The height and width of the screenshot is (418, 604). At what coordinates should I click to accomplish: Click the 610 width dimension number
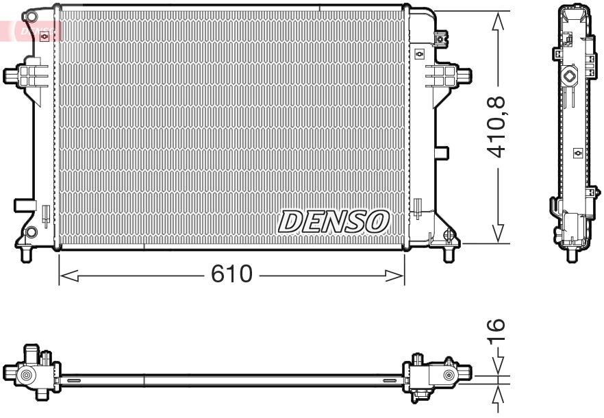point(231,275)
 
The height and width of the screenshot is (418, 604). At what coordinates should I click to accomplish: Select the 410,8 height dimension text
point(498,127)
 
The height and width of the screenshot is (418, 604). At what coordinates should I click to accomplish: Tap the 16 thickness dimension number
point(498,332)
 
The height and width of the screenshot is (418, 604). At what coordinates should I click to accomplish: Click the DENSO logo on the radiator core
point(334,221)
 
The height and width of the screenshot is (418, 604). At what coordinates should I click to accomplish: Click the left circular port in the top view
point(27,375)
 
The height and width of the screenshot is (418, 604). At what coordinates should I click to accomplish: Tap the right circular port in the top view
point(449,375)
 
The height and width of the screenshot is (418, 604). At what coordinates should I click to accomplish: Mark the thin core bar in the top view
point(233,377)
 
